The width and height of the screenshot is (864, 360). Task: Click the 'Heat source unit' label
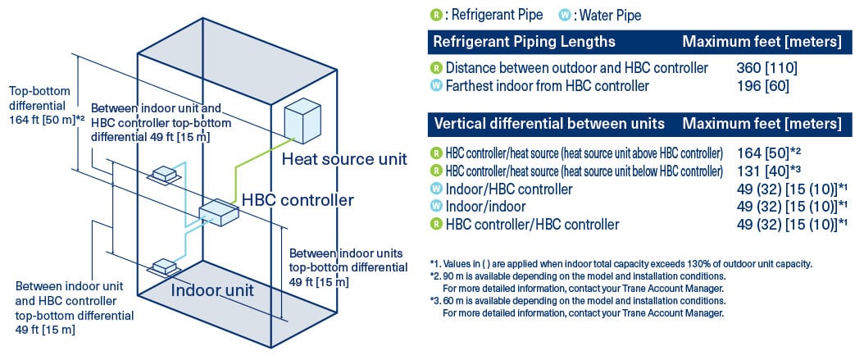pos(343,159)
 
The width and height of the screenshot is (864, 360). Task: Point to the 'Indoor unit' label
pos(212,289)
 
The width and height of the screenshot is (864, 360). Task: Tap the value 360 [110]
pos(766,67)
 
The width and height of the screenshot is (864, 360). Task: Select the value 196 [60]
pos(762,85)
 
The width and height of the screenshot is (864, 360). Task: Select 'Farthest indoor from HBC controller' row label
pos(547,85)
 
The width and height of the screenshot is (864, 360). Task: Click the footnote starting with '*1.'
pos(620,263)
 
